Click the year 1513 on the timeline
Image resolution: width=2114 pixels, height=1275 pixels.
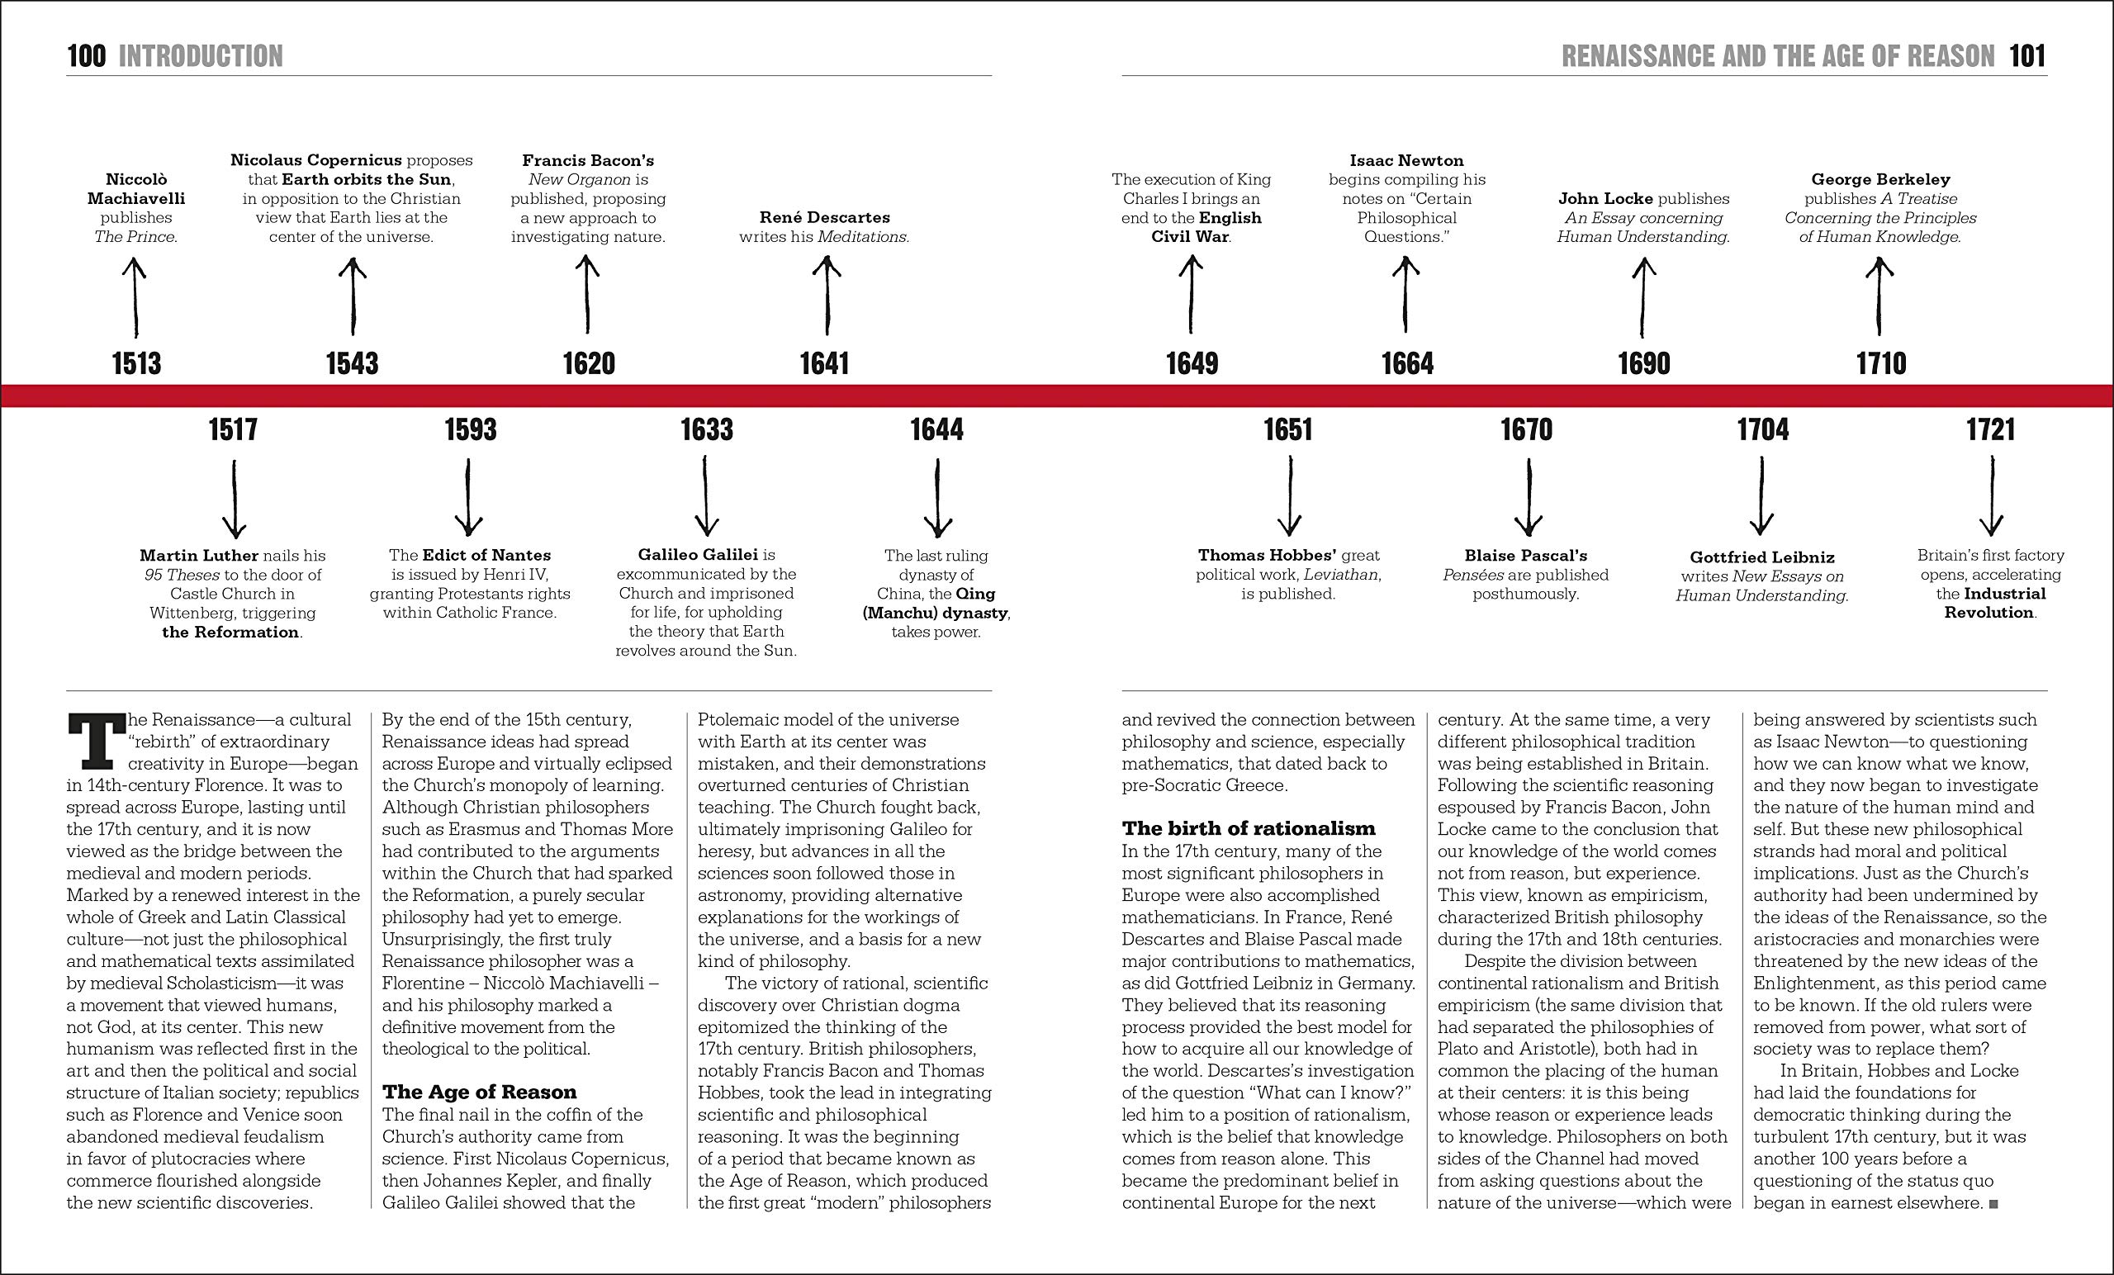[x=136, y=364]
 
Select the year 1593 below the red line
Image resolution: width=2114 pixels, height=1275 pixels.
[x=470, y=430]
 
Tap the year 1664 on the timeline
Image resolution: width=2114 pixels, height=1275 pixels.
[x=1407, y=364]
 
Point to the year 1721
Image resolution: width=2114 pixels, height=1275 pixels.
[x=1990, y=430]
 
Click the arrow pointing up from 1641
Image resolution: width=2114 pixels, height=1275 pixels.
[x=827, y=296]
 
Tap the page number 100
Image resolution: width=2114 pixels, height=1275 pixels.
[x=87, y=57]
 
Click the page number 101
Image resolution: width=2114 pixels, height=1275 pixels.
[x=2027, y=57]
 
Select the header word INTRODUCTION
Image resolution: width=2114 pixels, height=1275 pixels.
[x=200, y=57]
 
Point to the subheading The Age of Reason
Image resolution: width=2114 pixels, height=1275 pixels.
[x=480, y=1093]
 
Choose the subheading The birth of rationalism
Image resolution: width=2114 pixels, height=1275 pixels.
[x=1249, y=829]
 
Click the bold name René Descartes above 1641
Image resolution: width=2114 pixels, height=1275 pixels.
[x=824, y=218]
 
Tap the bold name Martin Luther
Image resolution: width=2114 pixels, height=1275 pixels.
[x=199, y=556]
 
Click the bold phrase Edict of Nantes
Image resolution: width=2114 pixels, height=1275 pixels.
[x=486, y=556]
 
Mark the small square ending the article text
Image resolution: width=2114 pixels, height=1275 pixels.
[x=1994, y=1205]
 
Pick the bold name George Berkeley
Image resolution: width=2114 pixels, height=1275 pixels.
[x=1880, y=180]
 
